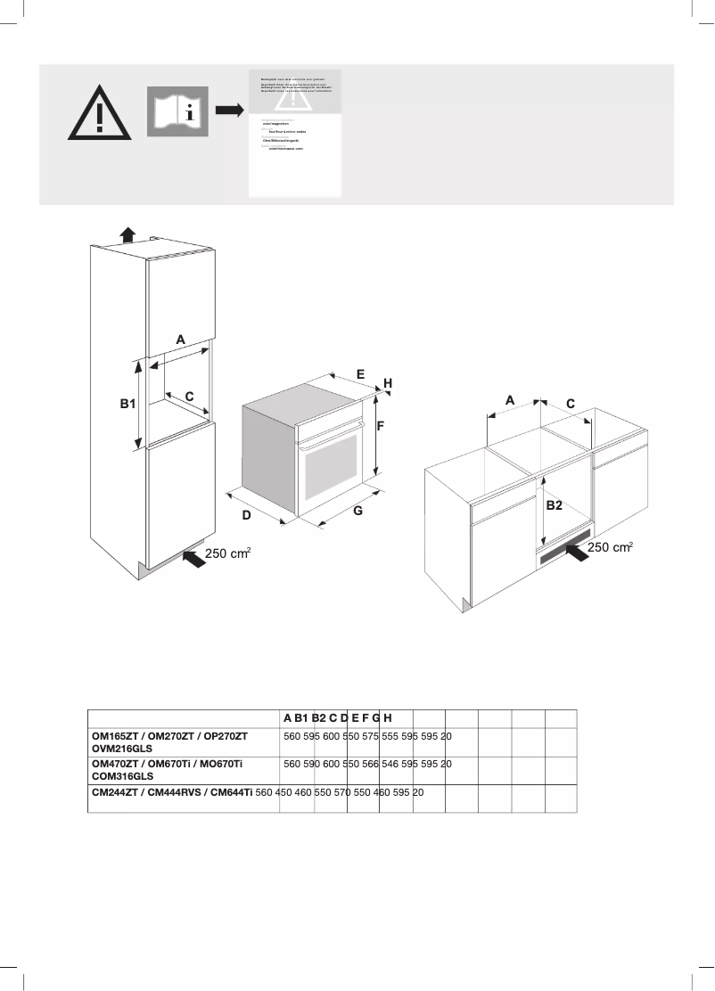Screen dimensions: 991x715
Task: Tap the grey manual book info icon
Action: pos(177,111)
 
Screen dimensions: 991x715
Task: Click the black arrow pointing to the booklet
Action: pos(230,111)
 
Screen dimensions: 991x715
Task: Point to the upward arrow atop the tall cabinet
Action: pos(127,234)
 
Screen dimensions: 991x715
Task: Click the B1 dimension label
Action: pos(127,404)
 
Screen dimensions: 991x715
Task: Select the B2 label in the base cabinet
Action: pos(554,505)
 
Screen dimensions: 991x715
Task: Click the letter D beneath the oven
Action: pos(247,516)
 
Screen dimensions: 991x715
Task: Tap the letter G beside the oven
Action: pos(357,512)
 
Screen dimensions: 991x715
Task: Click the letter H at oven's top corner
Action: pos(388,382)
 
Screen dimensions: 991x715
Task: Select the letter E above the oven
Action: pos(361,374)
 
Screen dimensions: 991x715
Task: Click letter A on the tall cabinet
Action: pos(180,340)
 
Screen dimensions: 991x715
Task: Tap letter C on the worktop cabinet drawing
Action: pos(571,404)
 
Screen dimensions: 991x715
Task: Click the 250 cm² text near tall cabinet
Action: pos(228,554)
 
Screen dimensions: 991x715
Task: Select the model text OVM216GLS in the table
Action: pos(125,751)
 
